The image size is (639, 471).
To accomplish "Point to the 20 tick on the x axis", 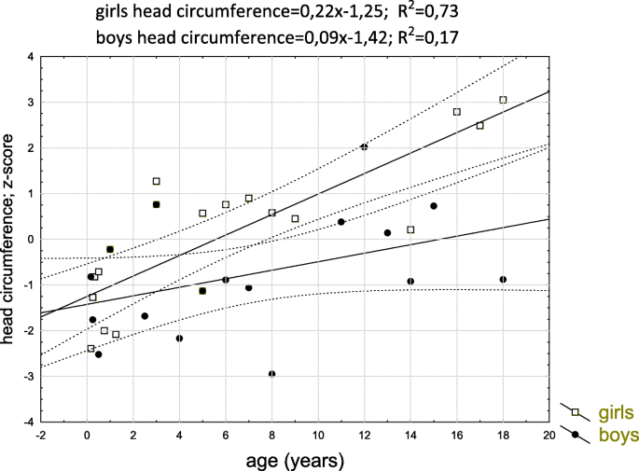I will coord(549,435).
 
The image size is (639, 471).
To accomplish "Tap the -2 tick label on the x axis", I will coord(40,435).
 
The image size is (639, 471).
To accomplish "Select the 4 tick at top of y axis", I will coord(30,57).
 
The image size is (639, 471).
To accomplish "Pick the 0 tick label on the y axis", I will coord(30,240).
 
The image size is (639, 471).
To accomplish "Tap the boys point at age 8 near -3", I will coord(271,374).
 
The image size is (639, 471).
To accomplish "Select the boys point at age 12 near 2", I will coord(364,146).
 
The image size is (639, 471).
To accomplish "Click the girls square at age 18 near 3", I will coord(503,100).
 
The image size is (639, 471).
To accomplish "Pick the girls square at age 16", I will coord(457,112).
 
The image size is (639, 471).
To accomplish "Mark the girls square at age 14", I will coord(410,229).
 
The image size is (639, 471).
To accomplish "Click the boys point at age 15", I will coord(434,206).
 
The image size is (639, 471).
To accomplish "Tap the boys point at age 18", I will coord(503,279).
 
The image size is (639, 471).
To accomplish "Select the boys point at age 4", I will coord(179,339).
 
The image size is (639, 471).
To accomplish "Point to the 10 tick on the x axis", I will coord(318,435).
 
